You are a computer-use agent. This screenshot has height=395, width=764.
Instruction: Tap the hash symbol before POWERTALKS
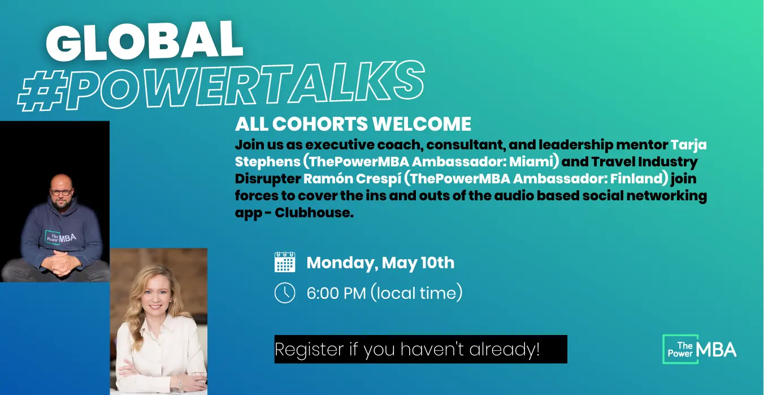tap(42, 91)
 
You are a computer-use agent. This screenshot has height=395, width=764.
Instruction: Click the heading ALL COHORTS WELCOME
tap(353, 124)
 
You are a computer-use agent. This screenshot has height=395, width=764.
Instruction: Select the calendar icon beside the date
tap(285, 262)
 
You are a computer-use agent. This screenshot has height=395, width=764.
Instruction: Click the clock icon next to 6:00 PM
tap(285, 293)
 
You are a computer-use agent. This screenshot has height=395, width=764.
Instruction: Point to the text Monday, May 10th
tap(380, 263)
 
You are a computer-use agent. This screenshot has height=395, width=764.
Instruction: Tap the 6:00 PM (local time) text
tap(384, 293)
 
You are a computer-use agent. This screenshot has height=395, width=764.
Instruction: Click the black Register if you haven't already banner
tap(421, 349)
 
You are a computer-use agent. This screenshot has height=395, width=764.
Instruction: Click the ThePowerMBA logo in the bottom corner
tap(699, 349)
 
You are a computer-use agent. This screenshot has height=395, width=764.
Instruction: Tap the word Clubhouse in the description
tap(314, 213)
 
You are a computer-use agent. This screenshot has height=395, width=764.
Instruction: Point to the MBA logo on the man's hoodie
tap(60, 238)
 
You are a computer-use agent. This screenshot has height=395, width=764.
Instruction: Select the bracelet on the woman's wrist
tap(180, 384)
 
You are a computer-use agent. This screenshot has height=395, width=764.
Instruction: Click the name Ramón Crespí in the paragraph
tap(352, 178)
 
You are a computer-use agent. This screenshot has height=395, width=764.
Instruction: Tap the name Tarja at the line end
tap(689, 145)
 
